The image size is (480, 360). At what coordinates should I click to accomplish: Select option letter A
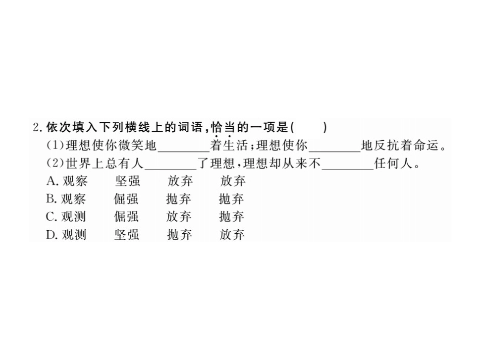coord(50,181)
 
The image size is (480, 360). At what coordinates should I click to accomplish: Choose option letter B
coord(50,199)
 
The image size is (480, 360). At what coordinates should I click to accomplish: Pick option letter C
coord(50,217)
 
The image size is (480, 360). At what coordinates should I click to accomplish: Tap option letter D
coord(50,235)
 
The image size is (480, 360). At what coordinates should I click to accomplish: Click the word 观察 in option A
coord(74,181)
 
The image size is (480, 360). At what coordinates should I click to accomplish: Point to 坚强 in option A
coord(127,181)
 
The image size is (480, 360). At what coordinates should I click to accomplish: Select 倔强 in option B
coord(126,199)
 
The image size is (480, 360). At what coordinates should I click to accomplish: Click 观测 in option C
coord(74,217)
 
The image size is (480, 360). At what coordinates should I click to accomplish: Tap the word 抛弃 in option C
coord(231,217)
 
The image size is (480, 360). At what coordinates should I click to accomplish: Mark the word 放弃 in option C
coord(179,217)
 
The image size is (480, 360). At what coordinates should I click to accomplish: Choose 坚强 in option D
coord(127,235)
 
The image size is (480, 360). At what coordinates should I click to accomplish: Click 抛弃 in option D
coord(179,235)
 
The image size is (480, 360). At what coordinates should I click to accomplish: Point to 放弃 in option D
coord(232,235)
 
